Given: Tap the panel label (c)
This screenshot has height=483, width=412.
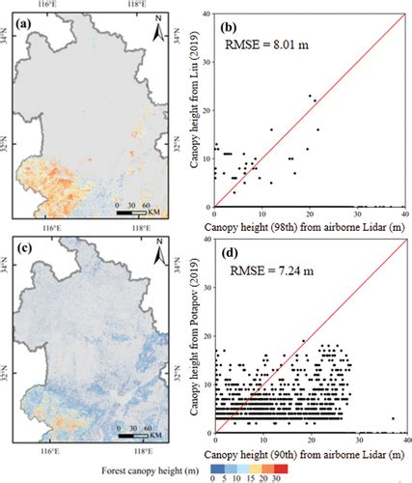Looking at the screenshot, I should tap(20, 254).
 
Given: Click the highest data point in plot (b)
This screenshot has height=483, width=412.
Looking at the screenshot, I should tap(309, 96).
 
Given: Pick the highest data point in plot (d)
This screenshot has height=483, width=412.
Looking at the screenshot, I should tap(302, 341).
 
